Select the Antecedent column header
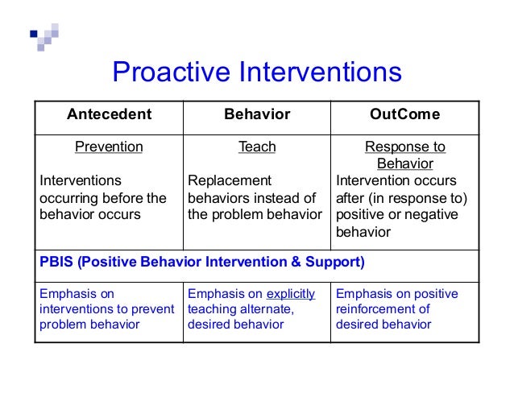point(109,114)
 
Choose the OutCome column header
point(404,114)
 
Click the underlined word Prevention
point(109,147)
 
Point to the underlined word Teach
point(257,147)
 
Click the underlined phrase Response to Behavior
point(404,155)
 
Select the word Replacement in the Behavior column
point(230,180)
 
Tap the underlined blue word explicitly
point(291,293)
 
